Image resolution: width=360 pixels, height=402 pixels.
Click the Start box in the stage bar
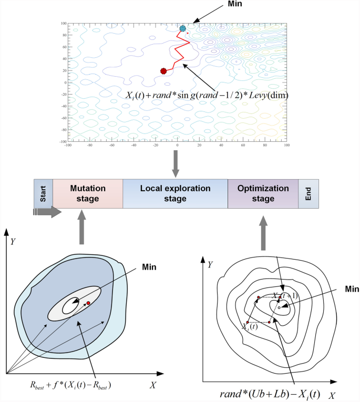[x=43, y=193]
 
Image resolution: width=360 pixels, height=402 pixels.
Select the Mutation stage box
[x=87, y=193]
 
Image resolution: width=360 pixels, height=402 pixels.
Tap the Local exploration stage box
[x=175, y=193]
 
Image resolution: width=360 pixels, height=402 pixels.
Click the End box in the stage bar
[x=308, y=193]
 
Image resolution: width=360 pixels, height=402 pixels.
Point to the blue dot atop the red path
[x=182, y=28]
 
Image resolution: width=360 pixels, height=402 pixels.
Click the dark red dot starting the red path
[x=163, y=71]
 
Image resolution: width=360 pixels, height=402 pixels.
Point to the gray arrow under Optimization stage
[x=263, y=234]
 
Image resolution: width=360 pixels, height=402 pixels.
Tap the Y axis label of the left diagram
[x=13, y=242]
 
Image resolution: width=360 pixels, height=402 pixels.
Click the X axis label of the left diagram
[x=152, y=385]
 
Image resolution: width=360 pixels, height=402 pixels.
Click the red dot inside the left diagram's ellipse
[x=88, y=303]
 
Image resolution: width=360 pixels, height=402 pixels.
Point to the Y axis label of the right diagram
[x=211, y=266]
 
